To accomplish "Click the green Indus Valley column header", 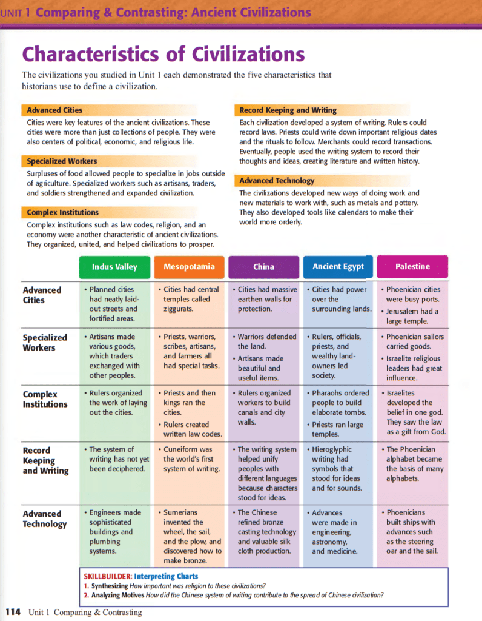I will coord(114,267).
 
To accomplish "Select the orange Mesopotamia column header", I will coord(189,267).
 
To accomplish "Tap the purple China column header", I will coord(263,267).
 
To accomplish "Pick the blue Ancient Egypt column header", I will coord(338,267).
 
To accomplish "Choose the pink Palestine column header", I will coord(412,267).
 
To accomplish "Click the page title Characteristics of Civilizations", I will coord(163,55).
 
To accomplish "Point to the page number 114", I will coord(13,612).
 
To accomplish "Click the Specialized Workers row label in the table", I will coord(45,343).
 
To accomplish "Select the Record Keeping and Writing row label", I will coord(45,460).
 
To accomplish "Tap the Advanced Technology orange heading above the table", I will coord(277,181).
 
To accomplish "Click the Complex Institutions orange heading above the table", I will coord(62,212).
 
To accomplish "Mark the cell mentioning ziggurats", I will coord(190,299).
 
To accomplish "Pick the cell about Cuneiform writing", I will coord(190,459).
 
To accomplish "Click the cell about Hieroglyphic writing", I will coord(338,469).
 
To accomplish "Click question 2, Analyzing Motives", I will coord(233,595).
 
